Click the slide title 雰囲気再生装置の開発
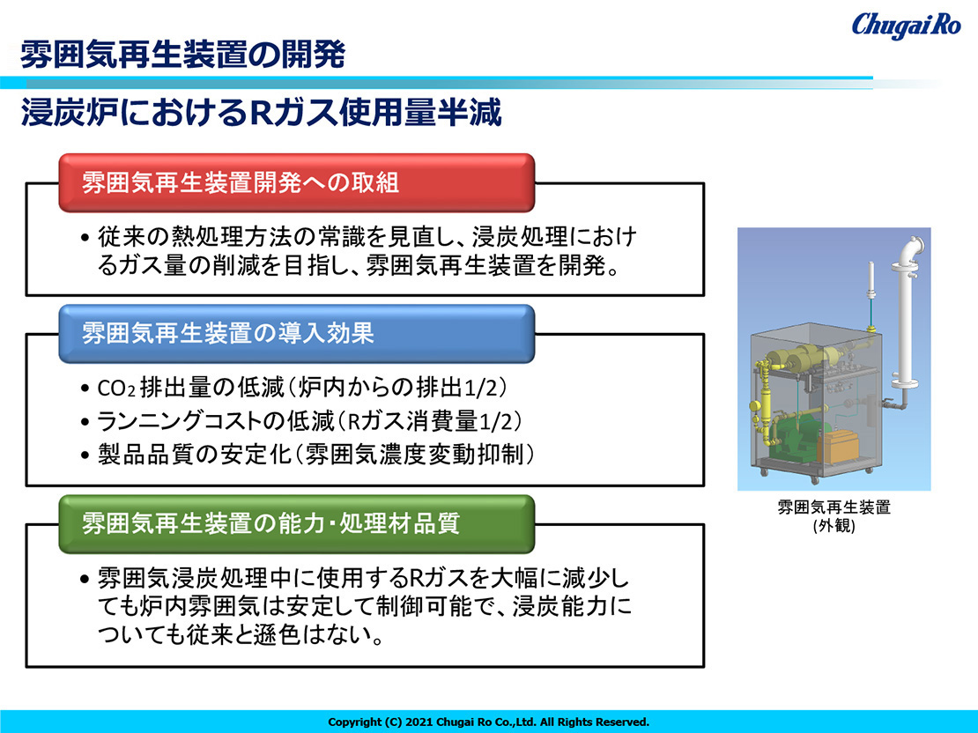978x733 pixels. coord(182,55)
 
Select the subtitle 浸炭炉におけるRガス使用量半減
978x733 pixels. coord(261,113)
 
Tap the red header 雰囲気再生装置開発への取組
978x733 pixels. coord(297,182)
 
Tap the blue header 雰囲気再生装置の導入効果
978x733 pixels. coord(297,333)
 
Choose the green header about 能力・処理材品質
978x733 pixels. coord(297,523)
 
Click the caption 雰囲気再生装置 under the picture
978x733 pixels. coord(834,507)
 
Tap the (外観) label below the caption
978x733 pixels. coord(834,525)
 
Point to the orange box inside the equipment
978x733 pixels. coord(838,446)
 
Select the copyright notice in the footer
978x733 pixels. coord(488,722)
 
